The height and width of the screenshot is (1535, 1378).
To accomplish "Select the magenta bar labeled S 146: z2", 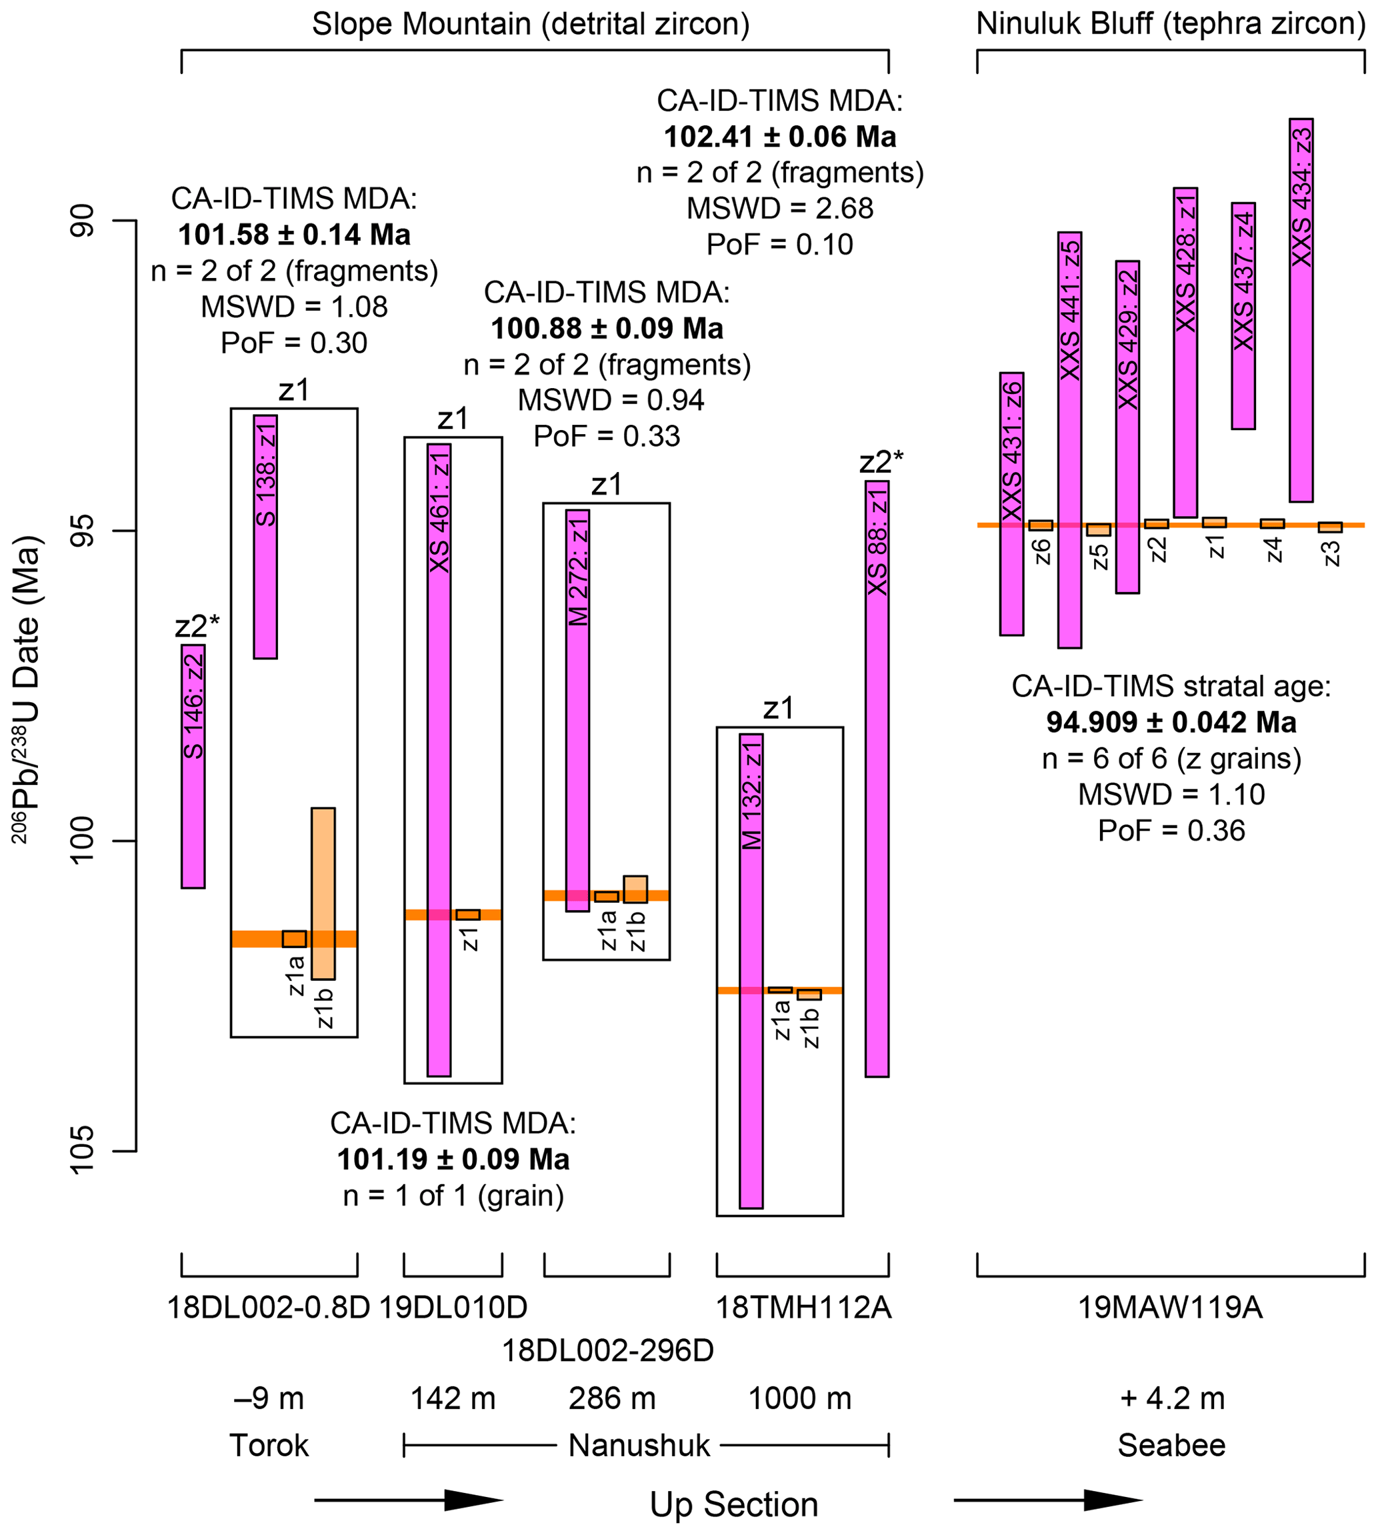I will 193,765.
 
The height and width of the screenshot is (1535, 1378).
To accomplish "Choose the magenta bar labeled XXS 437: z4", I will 1243,316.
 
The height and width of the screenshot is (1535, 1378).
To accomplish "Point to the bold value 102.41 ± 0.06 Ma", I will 780,137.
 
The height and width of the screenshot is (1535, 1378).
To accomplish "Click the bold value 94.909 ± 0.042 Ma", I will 1171,722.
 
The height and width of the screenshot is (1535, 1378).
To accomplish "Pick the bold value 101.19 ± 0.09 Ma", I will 453,1160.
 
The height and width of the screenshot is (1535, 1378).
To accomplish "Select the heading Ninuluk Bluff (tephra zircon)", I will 1171,24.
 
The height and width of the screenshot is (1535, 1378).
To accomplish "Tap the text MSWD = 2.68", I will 780,208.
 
